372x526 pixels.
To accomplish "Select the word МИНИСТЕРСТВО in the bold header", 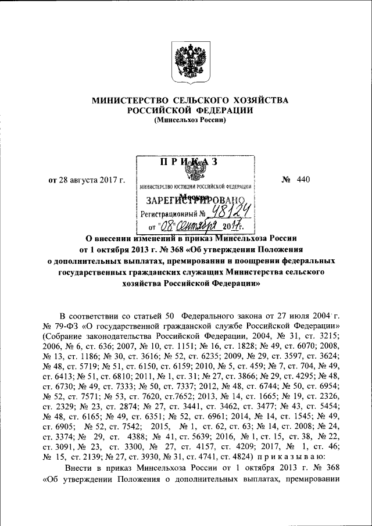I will [126, 101].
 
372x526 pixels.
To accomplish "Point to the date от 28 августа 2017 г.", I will [87, 179].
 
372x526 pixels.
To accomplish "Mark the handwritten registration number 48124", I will [226, 213].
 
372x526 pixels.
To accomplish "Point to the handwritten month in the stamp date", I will [197, 226].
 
